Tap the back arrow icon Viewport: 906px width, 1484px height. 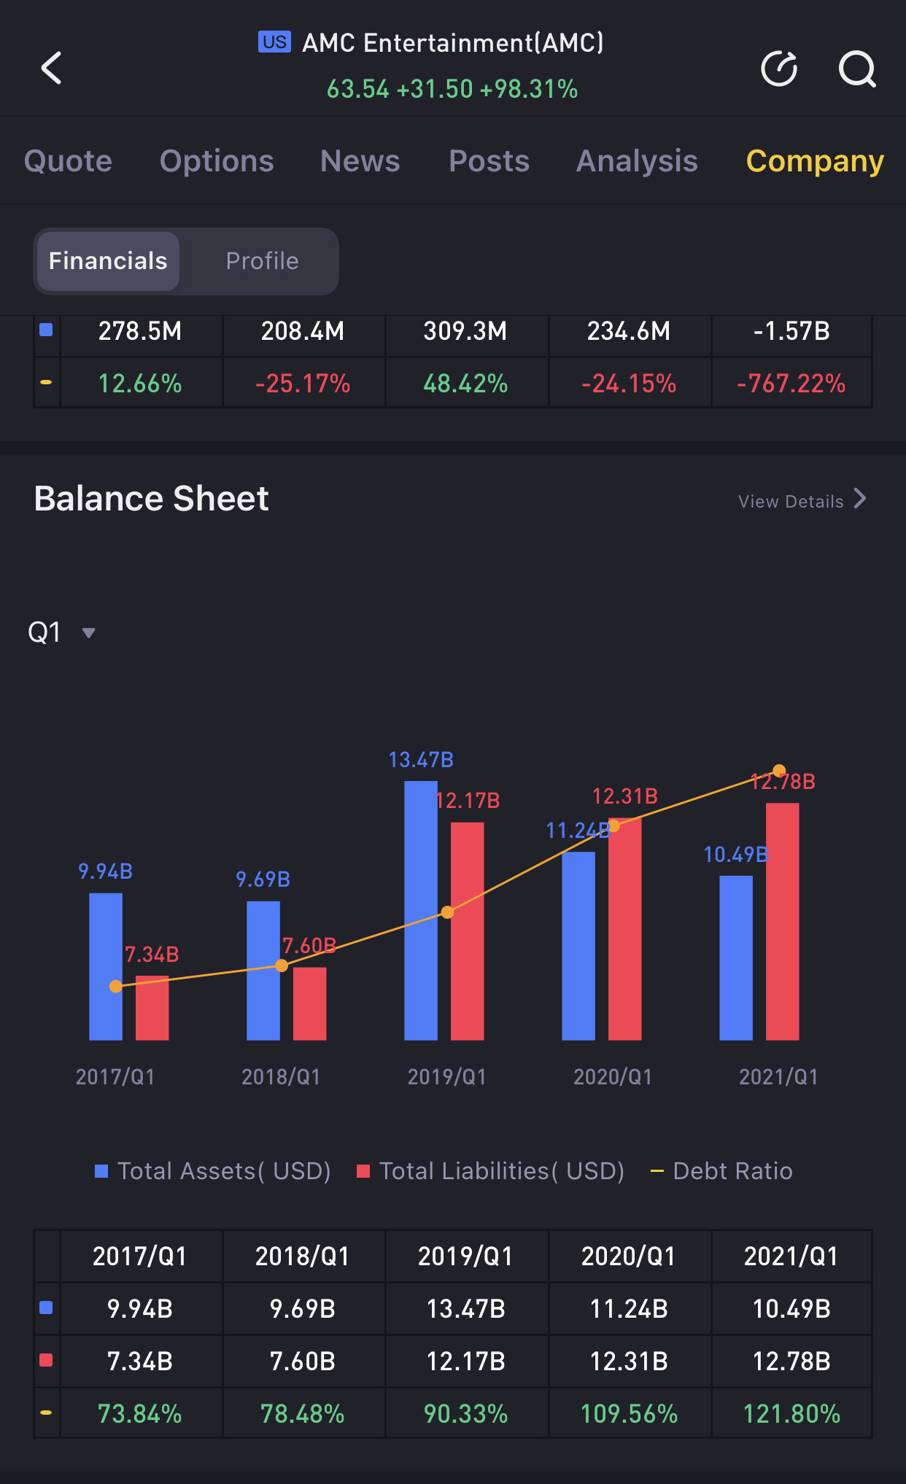(x=52, y=69)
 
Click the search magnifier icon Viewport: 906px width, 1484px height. (x=856, y=69)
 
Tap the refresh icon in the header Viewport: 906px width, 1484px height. (x=778, y=69)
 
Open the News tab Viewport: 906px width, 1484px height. (x=360, y=161)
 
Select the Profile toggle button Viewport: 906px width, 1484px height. (x=262, y=261)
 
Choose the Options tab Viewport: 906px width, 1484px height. (x=217, y=161)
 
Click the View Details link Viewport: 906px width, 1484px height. (x=801, y=501)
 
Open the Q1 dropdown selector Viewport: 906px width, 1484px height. (x=61, y=632)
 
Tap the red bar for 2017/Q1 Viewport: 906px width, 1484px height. (x=152, y=1008)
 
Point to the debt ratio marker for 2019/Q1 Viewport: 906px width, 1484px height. (x=448, y=912)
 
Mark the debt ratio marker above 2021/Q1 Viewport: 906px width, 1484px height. (x=779, y=771)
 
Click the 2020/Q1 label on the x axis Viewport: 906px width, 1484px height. (x=613, y=1077)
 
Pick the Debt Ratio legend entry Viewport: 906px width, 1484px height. (x=721, y=1171)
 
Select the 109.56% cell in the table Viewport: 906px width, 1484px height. (x=629, y=1414)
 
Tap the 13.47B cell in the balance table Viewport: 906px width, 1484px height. (x=465, y=1309)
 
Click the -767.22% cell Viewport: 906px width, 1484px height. (x=791, y=384)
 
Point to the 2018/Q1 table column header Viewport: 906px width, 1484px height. (x=303, y=1256)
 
